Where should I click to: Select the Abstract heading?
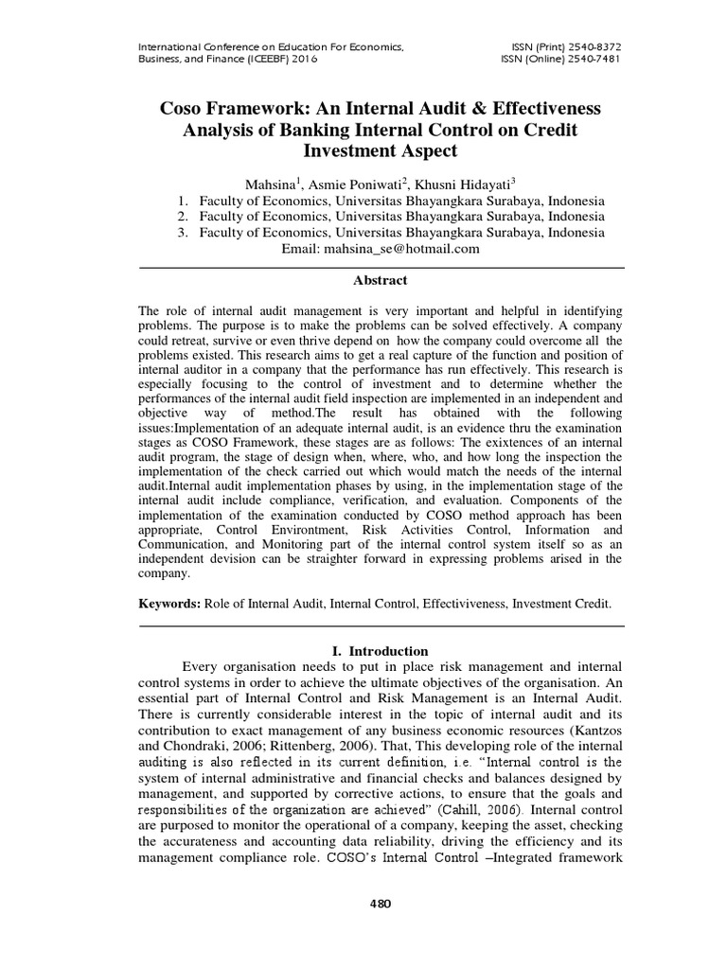point(380,280)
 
